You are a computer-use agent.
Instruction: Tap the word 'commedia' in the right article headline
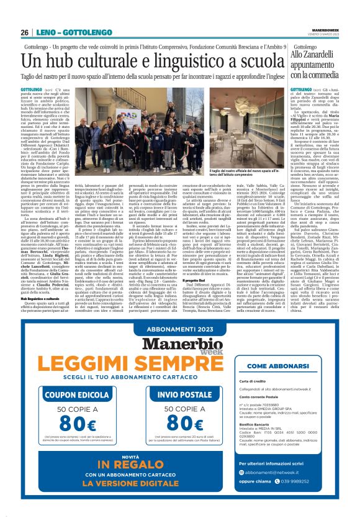334,73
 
